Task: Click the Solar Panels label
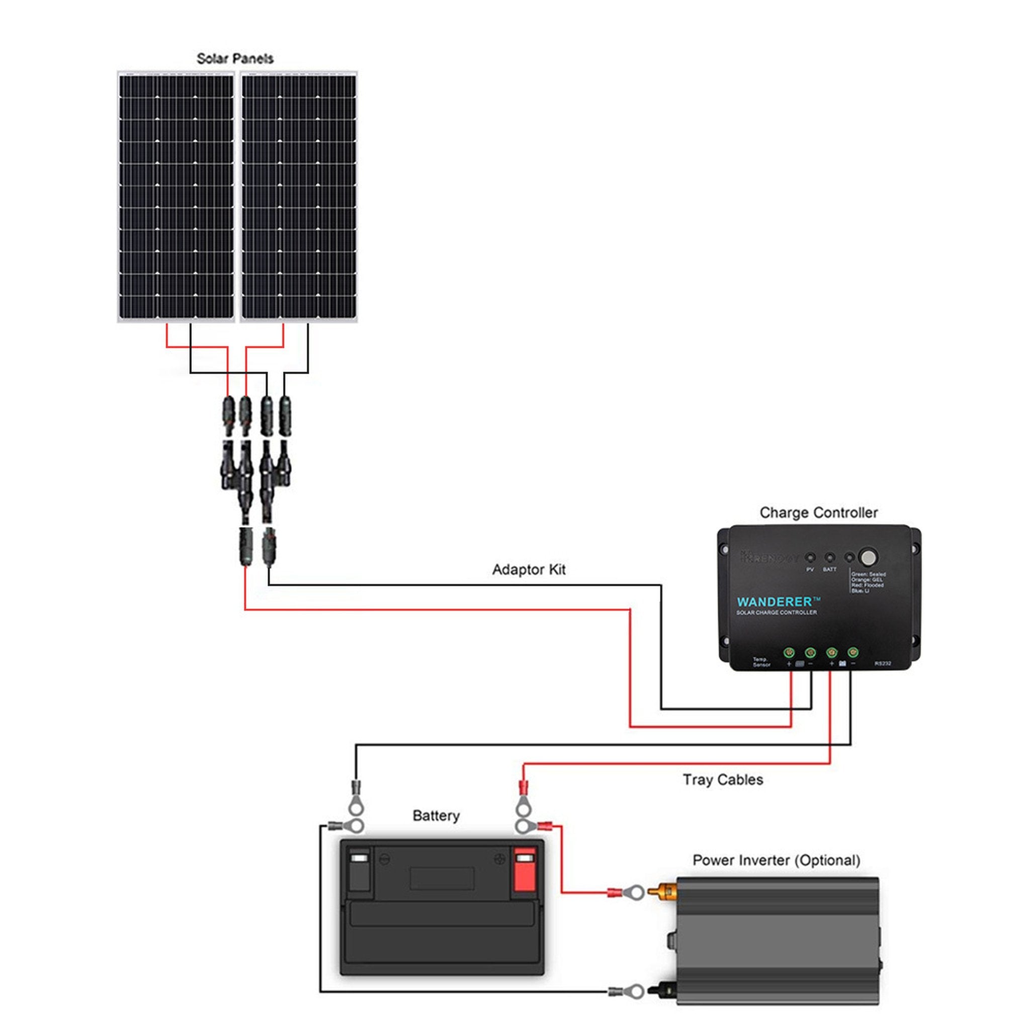tap(234, 59)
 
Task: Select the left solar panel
tap(176, 196)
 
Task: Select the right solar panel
tap(299, 196)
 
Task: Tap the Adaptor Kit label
tap(529, 569)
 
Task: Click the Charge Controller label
tap(818, 512)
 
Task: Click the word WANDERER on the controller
tap(775, 602)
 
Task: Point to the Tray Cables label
tap(722, 780)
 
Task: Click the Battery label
tap(436, 816)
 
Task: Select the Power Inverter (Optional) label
tap(776, 860)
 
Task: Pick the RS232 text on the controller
tap(882, 664)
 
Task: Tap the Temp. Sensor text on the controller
tap(761, 662)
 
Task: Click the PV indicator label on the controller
tap(810, 570)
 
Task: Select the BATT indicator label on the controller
tap(829, 570)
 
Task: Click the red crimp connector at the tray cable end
tap(523, 787)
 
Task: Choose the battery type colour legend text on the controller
tap(868, 583)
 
